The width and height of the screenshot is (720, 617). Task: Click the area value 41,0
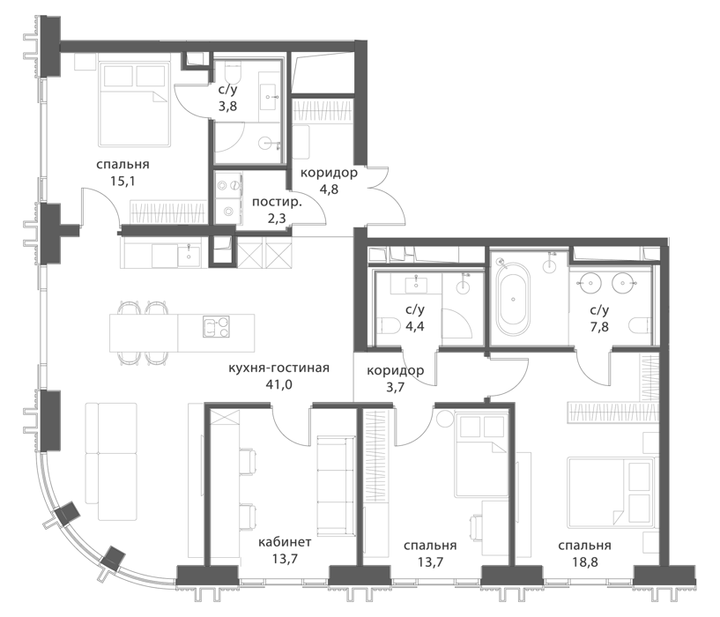click(278, 384)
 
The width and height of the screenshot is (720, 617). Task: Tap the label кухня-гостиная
click(278, 368)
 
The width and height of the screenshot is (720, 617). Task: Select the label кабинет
click(285, 542)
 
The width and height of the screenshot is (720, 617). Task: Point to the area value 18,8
click(584, 561)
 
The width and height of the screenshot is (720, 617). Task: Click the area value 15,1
click(122, 181)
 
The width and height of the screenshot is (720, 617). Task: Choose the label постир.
click(278, 202)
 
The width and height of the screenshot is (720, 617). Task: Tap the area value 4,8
click(329, 189)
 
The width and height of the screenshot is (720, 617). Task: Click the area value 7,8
click(599, 327)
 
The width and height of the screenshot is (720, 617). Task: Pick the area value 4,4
click(415, 327)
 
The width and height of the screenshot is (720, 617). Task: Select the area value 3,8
click(227, 107)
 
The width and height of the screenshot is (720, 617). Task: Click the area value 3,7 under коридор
click(395, 387)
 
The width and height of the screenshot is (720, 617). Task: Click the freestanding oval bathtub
click(513, 300)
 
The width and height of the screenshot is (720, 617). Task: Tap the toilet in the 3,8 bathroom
click(233, 72)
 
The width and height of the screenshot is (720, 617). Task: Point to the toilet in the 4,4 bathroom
click(387, 326)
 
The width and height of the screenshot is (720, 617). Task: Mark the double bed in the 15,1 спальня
click(134, 104)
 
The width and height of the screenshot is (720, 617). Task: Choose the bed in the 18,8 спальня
click(610, 492)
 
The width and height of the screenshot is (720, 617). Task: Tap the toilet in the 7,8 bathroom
click(641, 326)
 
